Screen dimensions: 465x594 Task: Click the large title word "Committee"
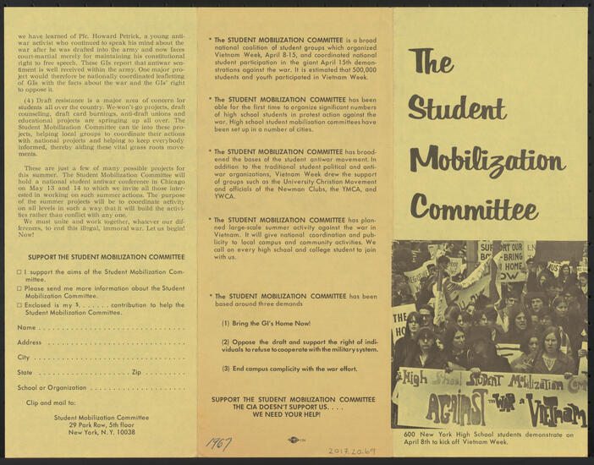point(474,206)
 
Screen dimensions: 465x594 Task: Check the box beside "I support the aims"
point(19,272)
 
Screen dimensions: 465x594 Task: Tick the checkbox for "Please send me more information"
point(19,288)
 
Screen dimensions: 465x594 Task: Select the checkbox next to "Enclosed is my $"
point(19,304)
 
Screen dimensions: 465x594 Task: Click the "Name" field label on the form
point(26,327)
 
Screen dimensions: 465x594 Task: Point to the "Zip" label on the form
point(136,372)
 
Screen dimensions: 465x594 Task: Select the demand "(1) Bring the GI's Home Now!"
point(266,324)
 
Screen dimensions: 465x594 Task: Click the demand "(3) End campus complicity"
point(289,369)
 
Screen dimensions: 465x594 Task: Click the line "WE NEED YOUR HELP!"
point(292,414)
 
